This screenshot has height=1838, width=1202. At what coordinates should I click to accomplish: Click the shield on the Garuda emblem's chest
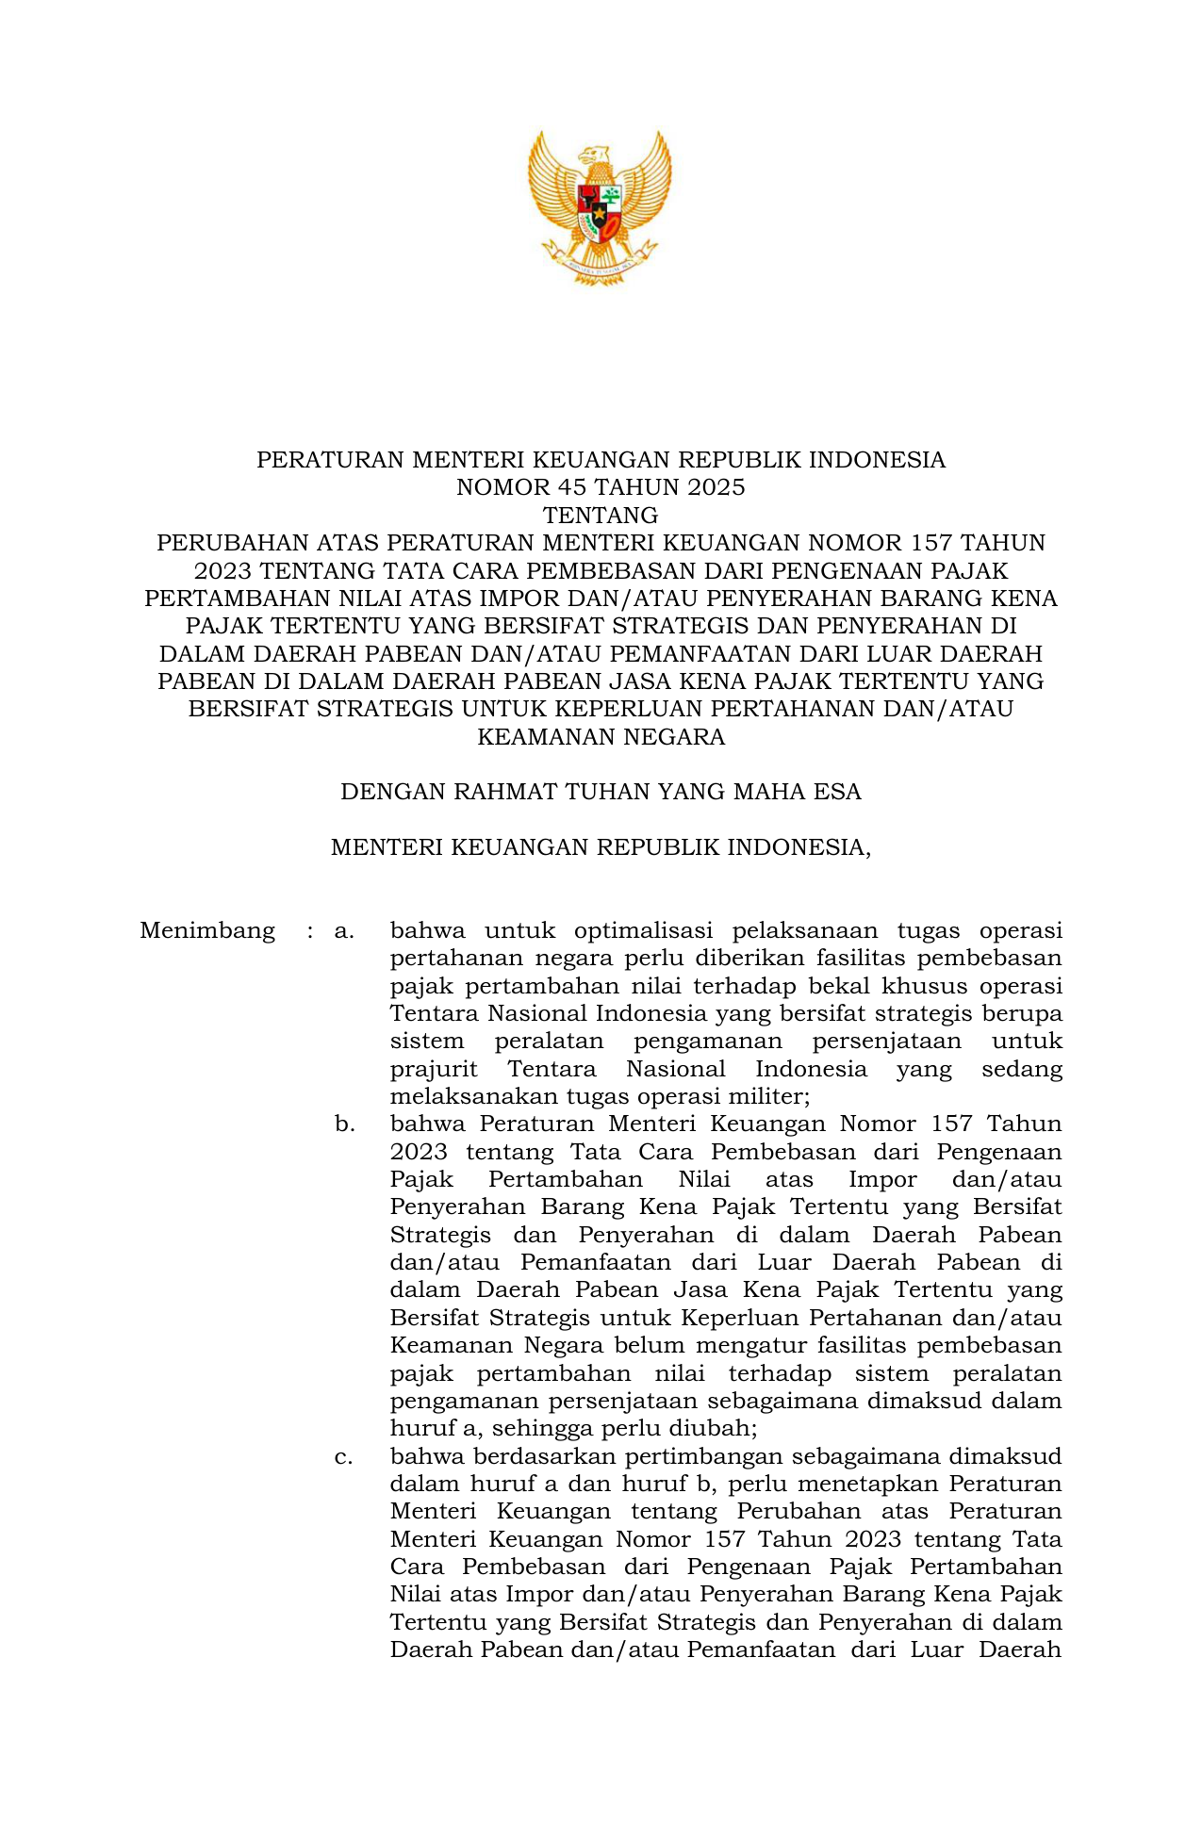pyautogui.click(x=600, y=211)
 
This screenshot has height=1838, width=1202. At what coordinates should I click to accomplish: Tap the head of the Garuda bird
pyautogui.click(x=596, y=156)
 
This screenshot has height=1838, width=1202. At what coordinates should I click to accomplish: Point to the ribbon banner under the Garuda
pyautogui.click(x=600, y=267)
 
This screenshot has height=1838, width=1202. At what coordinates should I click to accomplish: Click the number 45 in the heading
pyautogui.click(x=558, y=487)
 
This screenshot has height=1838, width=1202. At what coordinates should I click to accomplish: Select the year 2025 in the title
pyautogui.click(x=716, y=487)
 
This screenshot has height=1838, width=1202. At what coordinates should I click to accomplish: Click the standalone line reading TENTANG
pyautogui.click(x=601, y=516)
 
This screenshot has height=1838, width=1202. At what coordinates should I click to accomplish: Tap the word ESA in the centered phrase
pyautogui.click(x=837, y=792)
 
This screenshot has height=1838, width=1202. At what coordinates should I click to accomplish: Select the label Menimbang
pyautogui.click(x=207, y=931)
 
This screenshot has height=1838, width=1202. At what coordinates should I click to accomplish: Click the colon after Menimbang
pyautogui.click(x=309, y=931)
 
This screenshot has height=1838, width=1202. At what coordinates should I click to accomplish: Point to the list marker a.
pyautogui.click(x=343, y=931)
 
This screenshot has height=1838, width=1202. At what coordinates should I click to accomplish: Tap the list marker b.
pyautogui.click(x=343, y=1124)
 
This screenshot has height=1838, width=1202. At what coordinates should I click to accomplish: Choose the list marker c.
pyautogui.click(x=343, y=1457)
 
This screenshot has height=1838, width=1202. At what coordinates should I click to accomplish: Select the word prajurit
pyautogui.click(x=434, y=1070)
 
